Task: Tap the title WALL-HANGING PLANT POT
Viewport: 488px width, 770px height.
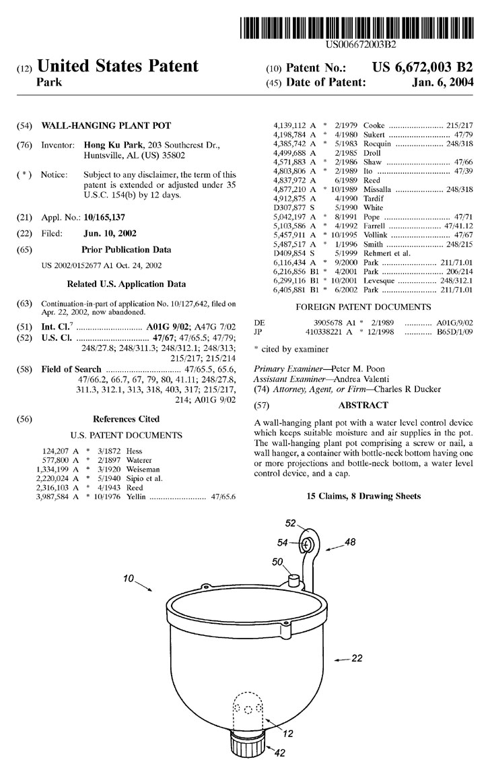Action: point(106,125)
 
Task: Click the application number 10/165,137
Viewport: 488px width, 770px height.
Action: point(104,217)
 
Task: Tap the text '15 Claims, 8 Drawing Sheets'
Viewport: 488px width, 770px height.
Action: point(363,496)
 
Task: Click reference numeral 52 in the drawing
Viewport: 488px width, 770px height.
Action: point(291,523)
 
